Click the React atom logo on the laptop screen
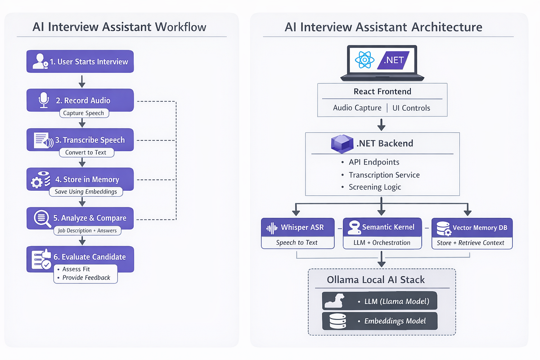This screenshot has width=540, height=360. click(364, 60)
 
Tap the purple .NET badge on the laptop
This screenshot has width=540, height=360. click(393, 60)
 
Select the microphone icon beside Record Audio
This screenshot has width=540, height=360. click(44, 100)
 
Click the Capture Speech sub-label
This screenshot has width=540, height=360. click(84, 113)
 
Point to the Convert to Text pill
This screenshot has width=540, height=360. click(86, 153)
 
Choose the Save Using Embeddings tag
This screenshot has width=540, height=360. click(86, 192)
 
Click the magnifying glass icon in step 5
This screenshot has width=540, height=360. click(42, 219)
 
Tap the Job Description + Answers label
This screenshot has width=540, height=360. click(87, 231)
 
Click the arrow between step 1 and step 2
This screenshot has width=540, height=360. click(82, 81)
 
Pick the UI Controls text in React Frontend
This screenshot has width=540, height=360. click(411, 108)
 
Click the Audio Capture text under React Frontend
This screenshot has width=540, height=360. click(357, 108)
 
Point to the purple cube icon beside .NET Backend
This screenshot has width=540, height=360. click(342, 144)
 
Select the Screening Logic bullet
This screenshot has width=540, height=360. click(375, 187)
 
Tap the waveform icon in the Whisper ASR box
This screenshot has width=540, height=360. click(272, 228)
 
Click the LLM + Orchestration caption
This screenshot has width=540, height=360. click(382, 243)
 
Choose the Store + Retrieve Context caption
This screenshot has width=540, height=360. click(471, 243)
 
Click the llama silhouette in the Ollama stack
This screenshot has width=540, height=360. click(335, 301)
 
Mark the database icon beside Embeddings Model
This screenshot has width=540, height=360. click(338, 321)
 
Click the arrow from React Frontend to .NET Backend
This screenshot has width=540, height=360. click(381, 125)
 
